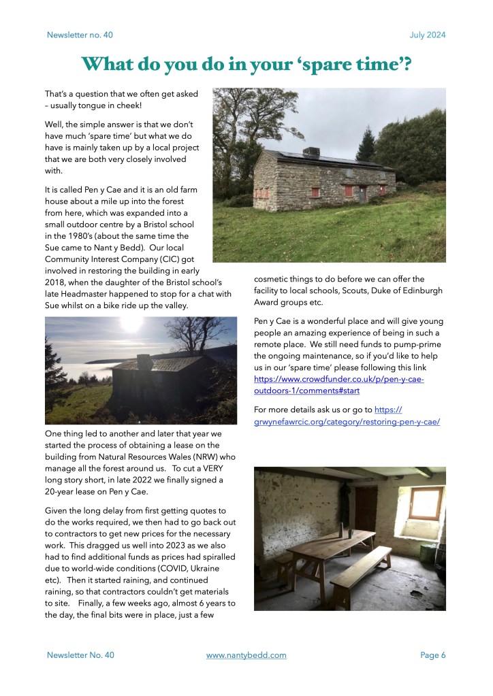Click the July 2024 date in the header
coord(428,35)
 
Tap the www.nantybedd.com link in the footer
coord(246,655)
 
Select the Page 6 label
coord(432,655)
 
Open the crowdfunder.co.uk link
coord(338,379)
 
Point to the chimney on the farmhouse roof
coord(311,151)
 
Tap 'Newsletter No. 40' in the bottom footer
coord(80,655)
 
